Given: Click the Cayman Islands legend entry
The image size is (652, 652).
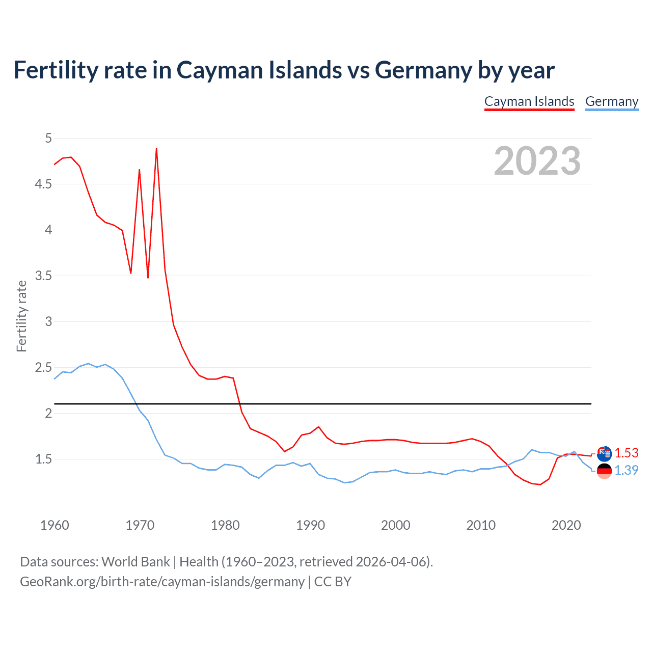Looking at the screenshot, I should pyautogui.click(x=529, y=101).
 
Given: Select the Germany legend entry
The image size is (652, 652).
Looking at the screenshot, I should pyautogui.click(x=612, y=101).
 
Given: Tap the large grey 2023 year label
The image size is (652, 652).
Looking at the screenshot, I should pyautogui.click(x=537, y=161).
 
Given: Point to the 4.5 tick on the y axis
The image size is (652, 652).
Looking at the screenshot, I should pyautogui.click(x=43, y=184).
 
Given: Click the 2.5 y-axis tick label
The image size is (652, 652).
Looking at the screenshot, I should pyautogui.click(x=43, y=367).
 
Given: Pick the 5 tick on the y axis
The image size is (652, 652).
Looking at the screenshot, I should pyautogui.click(x=48, y=138).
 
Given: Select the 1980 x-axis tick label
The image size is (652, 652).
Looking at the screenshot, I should pyautogui.click(x=225, y=525).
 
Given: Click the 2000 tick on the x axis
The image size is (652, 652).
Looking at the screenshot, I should pyautogui.click(x=395, y=525).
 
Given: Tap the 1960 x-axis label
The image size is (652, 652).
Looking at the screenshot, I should pyautogui.click(x=55, y=525).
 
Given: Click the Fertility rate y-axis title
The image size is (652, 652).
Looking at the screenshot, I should pyautogui.click(x=21, y=316).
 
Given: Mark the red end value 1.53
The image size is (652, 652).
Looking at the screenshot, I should pyautogui.click(x=627, y=453).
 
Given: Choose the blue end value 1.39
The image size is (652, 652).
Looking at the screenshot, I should pyautogui.click(x=627, y=470).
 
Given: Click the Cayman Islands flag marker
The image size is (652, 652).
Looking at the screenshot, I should pyautogui.click(x=604, y=453).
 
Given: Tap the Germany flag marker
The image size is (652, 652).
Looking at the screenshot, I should pyautogui.click(x=604, y=471).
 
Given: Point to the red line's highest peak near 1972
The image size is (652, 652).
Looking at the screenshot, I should pyautogui.click(x=156, y=149).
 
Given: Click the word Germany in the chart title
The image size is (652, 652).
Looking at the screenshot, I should pyautogui.click(x=423, y=70).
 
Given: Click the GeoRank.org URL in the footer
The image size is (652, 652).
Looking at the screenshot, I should pyautogui.click(x=162, y=582).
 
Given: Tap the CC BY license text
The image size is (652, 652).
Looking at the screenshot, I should pyautogui.click(x=333, y=582).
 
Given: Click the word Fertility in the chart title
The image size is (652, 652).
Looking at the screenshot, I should pyautogui.click(x=54, y=70).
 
